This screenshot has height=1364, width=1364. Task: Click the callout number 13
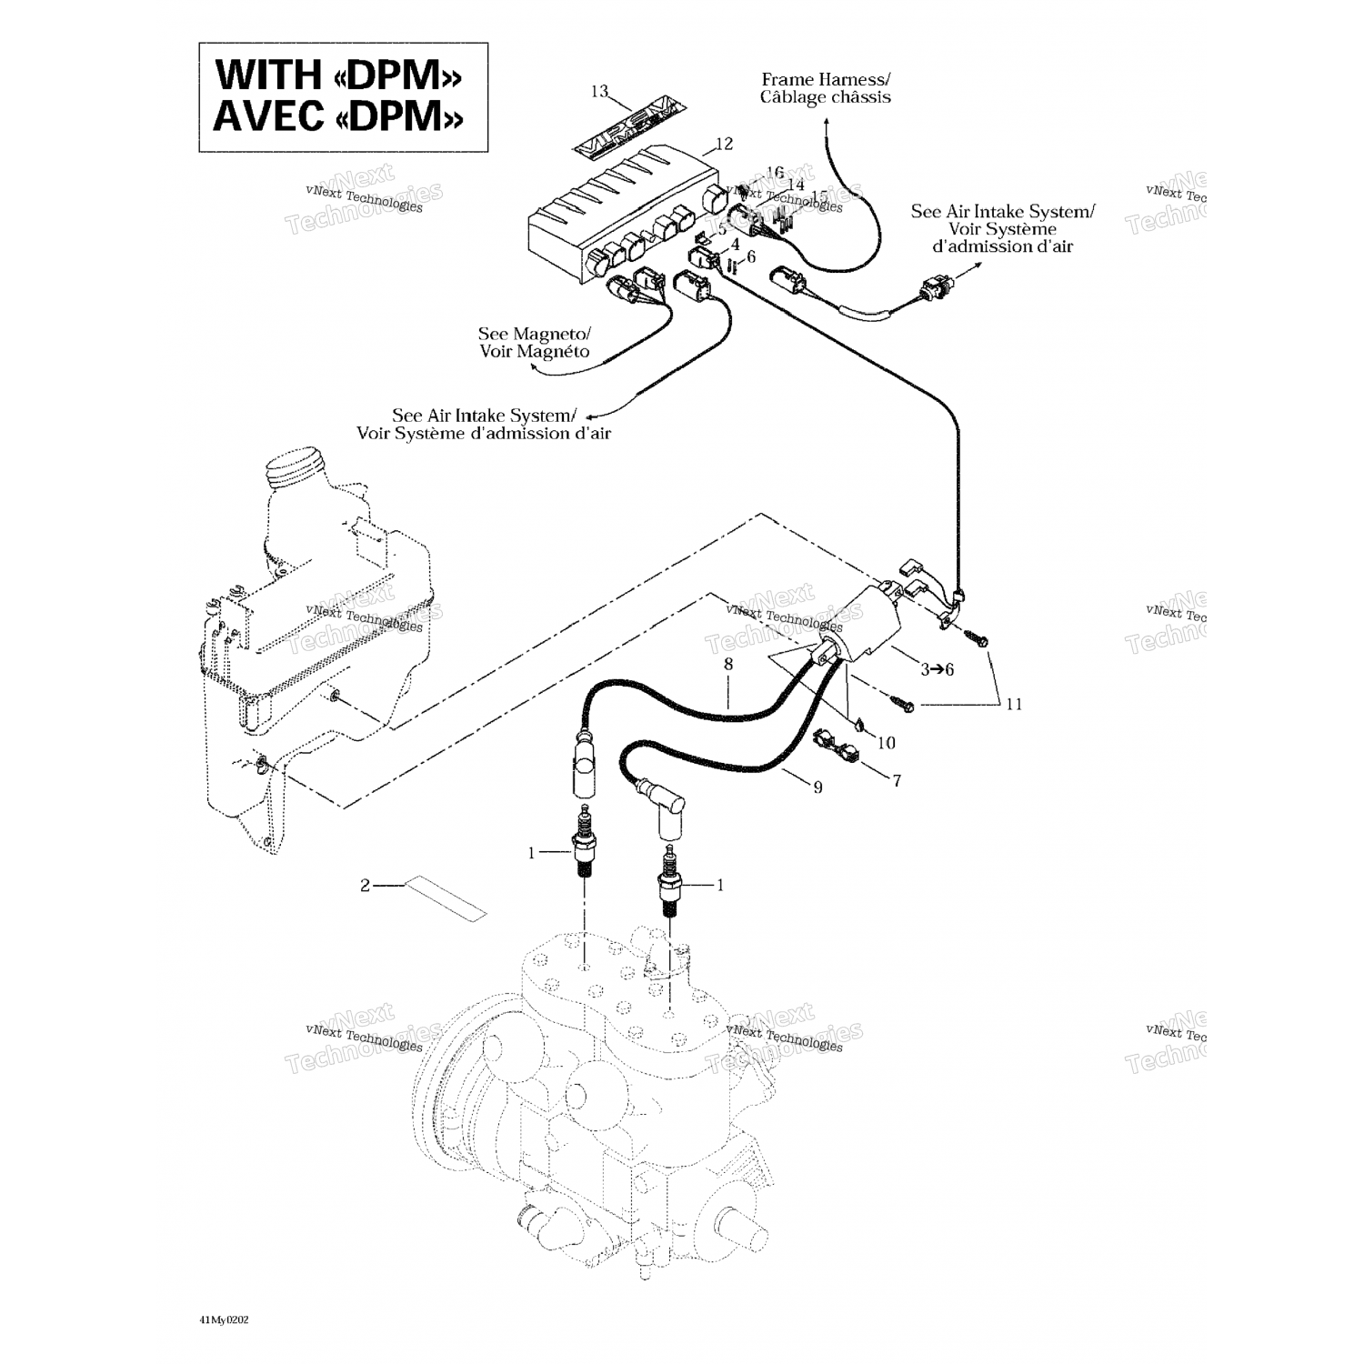coord(598,91)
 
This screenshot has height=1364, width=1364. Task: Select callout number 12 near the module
coord(724,143)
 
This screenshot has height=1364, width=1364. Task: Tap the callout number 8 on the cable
coord(727,665)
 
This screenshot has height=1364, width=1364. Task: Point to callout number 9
coord(817,787)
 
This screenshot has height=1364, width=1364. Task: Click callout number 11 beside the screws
coord(1014,704)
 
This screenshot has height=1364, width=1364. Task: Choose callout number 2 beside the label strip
coord(366,885)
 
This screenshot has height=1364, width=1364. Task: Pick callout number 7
coord(897,780)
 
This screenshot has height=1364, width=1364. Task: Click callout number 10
coord(886,743)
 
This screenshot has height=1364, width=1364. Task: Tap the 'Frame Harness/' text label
coord(826,80)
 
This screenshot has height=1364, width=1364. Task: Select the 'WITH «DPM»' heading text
coord(338,75)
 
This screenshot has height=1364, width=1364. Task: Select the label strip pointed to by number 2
coord(446,898)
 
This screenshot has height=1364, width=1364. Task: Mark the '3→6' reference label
coord(937,669)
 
